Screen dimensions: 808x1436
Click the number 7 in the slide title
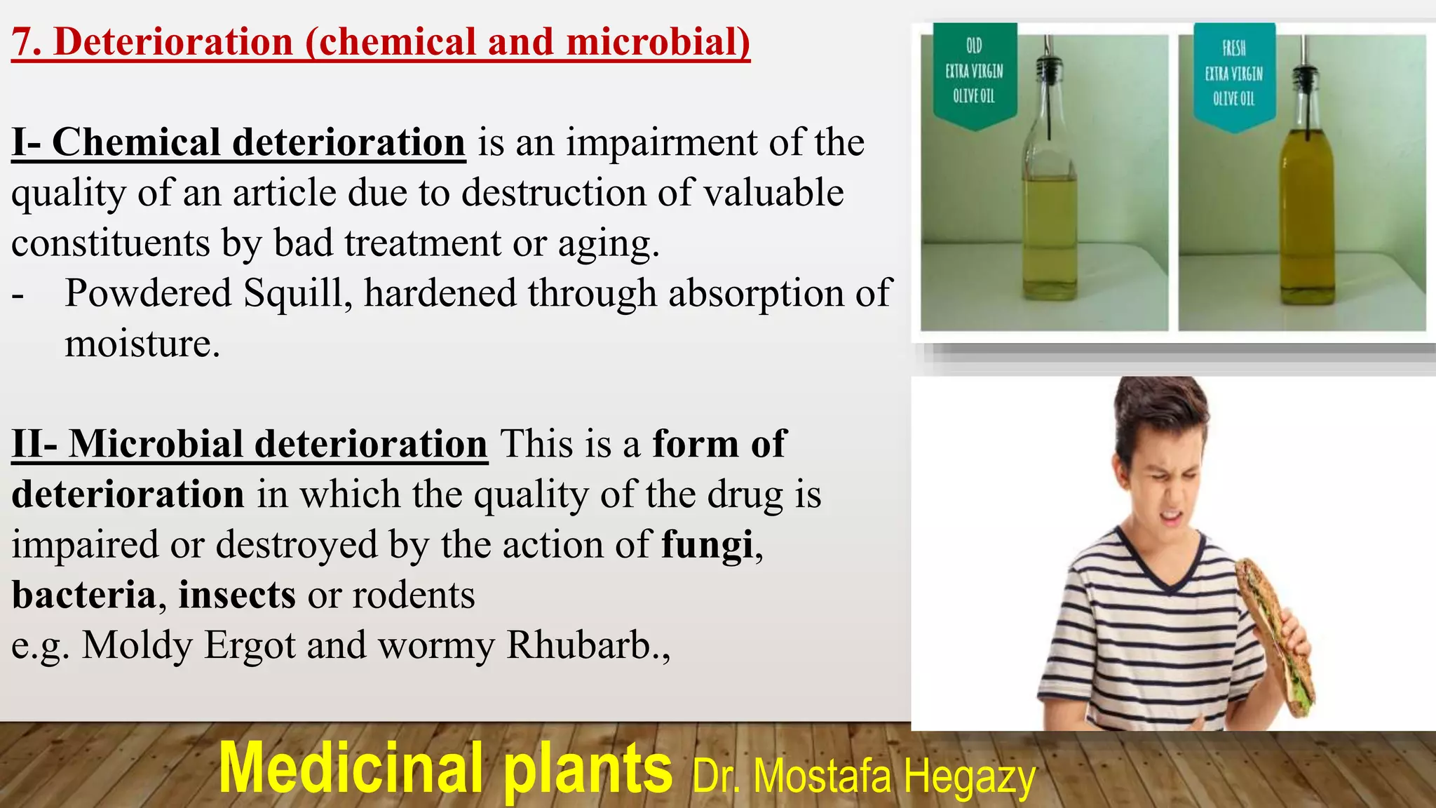point(22,42)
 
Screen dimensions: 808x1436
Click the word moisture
point(142,344)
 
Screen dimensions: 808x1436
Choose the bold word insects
point(237,595)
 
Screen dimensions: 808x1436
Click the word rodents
point(414,595)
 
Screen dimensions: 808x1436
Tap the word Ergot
point(250,645)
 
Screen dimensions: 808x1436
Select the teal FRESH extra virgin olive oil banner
point(1234,74)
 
